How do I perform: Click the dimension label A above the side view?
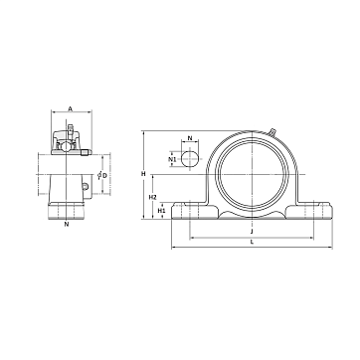[70, 108]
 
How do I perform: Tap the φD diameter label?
[102, 175]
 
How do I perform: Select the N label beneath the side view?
[67, 224]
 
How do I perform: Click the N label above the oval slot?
[190, 138]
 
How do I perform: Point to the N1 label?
[172, 159]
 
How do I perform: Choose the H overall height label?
[143, 173]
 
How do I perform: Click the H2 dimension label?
[152, 198]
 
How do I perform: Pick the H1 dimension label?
[161, 211]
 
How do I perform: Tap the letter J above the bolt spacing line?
[252, 231]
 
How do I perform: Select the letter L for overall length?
[252, 242]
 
